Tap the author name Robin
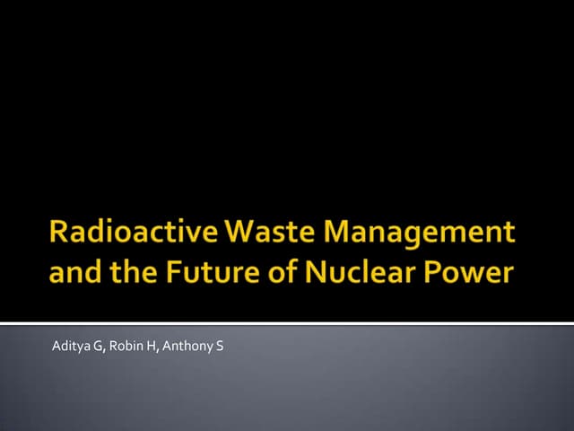126,343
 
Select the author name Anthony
187,344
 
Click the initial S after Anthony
219,343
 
